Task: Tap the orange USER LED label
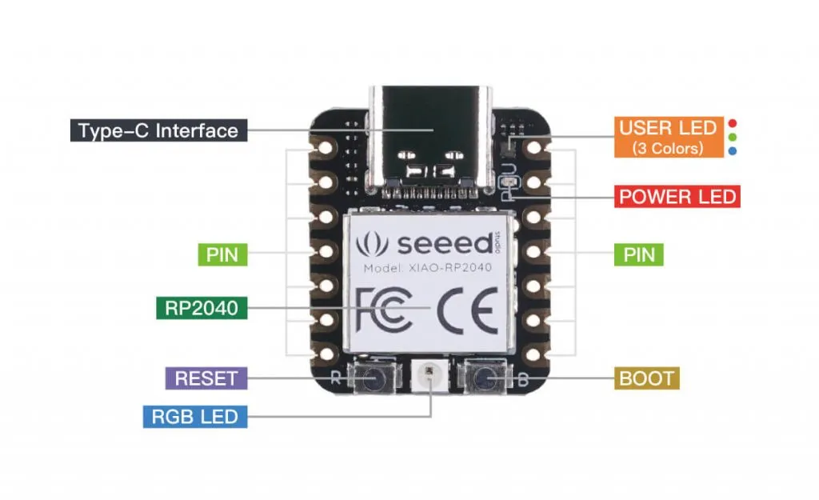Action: [x=666, y=137]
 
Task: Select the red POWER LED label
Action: [x=676, y=197]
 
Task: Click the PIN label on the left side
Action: [x=222, y=255]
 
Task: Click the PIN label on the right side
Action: [x=639, y=255]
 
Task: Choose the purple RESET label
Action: [x=206, y=378]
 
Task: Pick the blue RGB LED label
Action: [x=194, y=416]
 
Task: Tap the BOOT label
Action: [x=647, y=378]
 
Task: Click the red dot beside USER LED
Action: [x=733, y=124]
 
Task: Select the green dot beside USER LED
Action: [x=733, y=137]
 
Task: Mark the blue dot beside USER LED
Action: [x=733, y=150]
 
